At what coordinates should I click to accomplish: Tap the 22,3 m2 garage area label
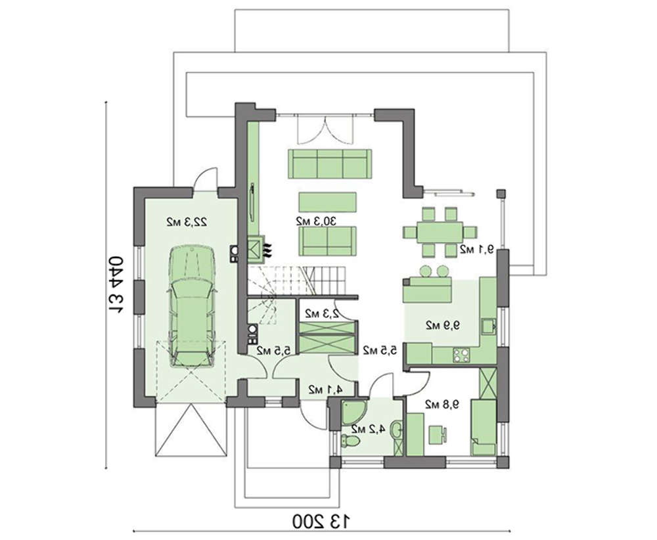[187, 221]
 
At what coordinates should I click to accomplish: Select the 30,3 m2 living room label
[317, 221]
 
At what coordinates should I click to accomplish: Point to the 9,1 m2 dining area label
[477, 249]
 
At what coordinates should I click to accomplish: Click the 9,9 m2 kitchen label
[443, 325]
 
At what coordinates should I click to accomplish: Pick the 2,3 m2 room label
[322, 313]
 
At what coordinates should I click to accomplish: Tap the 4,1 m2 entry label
[326, 390]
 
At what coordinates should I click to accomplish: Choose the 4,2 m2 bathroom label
[368, 428]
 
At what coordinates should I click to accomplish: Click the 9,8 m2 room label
[442, 404]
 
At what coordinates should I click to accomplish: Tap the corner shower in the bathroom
[351, 412]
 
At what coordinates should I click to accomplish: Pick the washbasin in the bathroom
[396, 429]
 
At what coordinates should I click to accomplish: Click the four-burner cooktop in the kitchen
[461, 355]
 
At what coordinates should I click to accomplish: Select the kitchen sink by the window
[488, 325]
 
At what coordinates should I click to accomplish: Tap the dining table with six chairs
[440, 232]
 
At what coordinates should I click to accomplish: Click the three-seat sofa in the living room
[330, 164]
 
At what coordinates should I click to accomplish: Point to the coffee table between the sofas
[328, 202]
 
